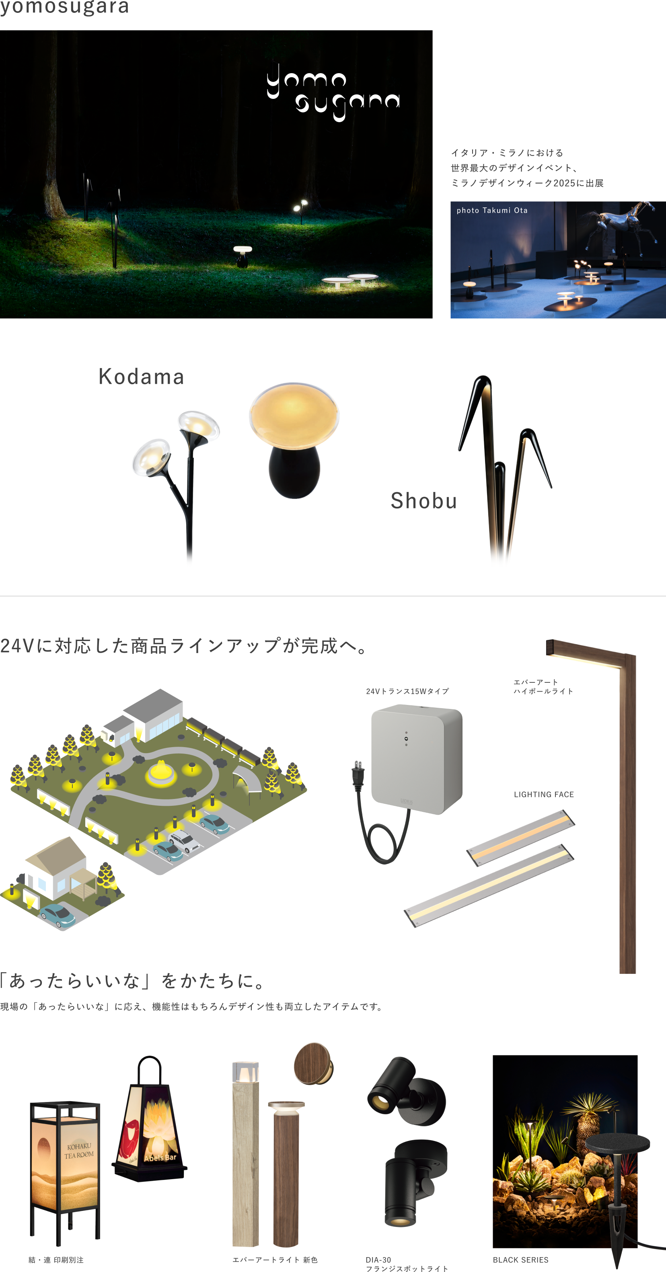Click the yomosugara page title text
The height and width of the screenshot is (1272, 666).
65,7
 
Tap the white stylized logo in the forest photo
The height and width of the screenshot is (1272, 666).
333,92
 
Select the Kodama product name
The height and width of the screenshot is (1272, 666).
141,377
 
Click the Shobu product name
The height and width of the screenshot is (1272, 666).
424,501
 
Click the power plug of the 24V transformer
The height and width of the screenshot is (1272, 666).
358,773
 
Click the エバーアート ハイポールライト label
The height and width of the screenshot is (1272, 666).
543,687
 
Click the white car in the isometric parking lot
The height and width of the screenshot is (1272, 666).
184,840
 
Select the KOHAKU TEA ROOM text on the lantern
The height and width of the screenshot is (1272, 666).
79,1151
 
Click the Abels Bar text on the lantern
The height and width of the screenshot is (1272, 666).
160,1157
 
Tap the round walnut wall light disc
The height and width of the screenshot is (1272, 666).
313,1064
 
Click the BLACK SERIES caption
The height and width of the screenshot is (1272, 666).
521,1260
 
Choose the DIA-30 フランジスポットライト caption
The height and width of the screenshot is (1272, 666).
407,1264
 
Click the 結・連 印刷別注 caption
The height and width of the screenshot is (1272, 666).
56,1260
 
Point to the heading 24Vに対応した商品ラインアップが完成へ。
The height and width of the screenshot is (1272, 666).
184,646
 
